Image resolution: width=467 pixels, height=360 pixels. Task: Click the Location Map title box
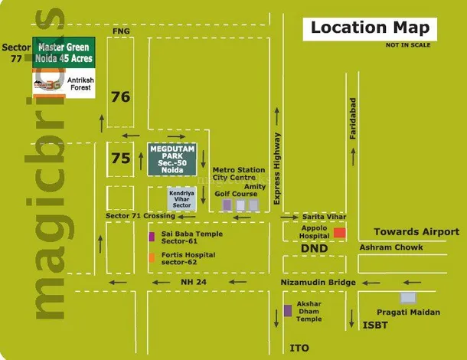pos(369,28)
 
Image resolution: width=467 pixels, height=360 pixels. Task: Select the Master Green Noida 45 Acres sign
pos(64,52)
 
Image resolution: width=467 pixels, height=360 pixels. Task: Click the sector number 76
pos(120,97)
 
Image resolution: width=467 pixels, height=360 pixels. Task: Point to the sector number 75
pos(120,159)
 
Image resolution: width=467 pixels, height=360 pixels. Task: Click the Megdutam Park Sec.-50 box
pos(172,159)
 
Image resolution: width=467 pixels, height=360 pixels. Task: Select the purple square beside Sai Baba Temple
pos(152,235)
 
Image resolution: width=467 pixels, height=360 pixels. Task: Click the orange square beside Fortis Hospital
pos(152,257)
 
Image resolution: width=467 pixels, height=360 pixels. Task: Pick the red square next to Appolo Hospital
pos(339,232)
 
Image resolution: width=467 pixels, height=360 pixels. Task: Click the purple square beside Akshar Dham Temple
pos(288,310)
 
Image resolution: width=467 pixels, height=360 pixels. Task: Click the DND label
pos(314,248)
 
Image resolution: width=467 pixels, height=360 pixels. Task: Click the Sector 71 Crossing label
pos(142,218)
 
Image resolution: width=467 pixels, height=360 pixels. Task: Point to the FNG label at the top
pos(121,31)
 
